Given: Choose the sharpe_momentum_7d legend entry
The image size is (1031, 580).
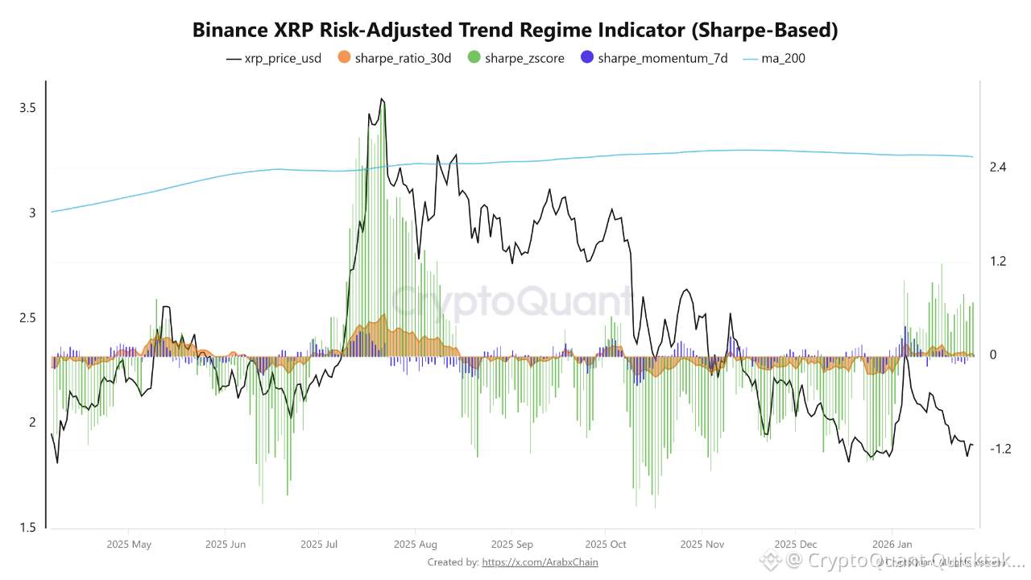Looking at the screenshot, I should [x=655, y=58].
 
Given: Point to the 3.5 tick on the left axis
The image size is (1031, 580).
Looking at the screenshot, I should [x=28, y=108].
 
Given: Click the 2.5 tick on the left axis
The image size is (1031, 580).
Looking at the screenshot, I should [x=28, y=318].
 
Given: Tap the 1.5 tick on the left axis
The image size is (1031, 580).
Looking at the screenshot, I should [x=28, y=528].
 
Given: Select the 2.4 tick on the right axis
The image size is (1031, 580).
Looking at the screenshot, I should [x=999, y=168].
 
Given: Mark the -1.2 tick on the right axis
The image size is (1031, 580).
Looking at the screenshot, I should [x=1000, y=449].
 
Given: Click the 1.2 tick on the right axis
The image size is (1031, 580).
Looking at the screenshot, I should [x=999, y=261].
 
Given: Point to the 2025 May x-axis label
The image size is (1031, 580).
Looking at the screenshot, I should [x=129, y=545].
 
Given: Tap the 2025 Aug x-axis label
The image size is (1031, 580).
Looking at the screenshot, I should [x=416, y=545].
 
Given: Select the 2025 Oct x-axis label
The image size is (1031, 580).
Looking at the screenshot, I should [x=606, y=545].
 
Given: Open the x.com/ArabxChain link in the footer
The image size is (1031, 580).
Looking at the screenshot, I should [x=540, y=562].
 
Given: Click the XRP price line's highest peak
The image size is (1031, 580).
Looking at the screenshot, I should [x=382, y=99].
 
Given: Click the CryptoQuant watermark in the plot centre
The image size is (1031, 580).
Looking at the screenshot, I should [x=512, y=302].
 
